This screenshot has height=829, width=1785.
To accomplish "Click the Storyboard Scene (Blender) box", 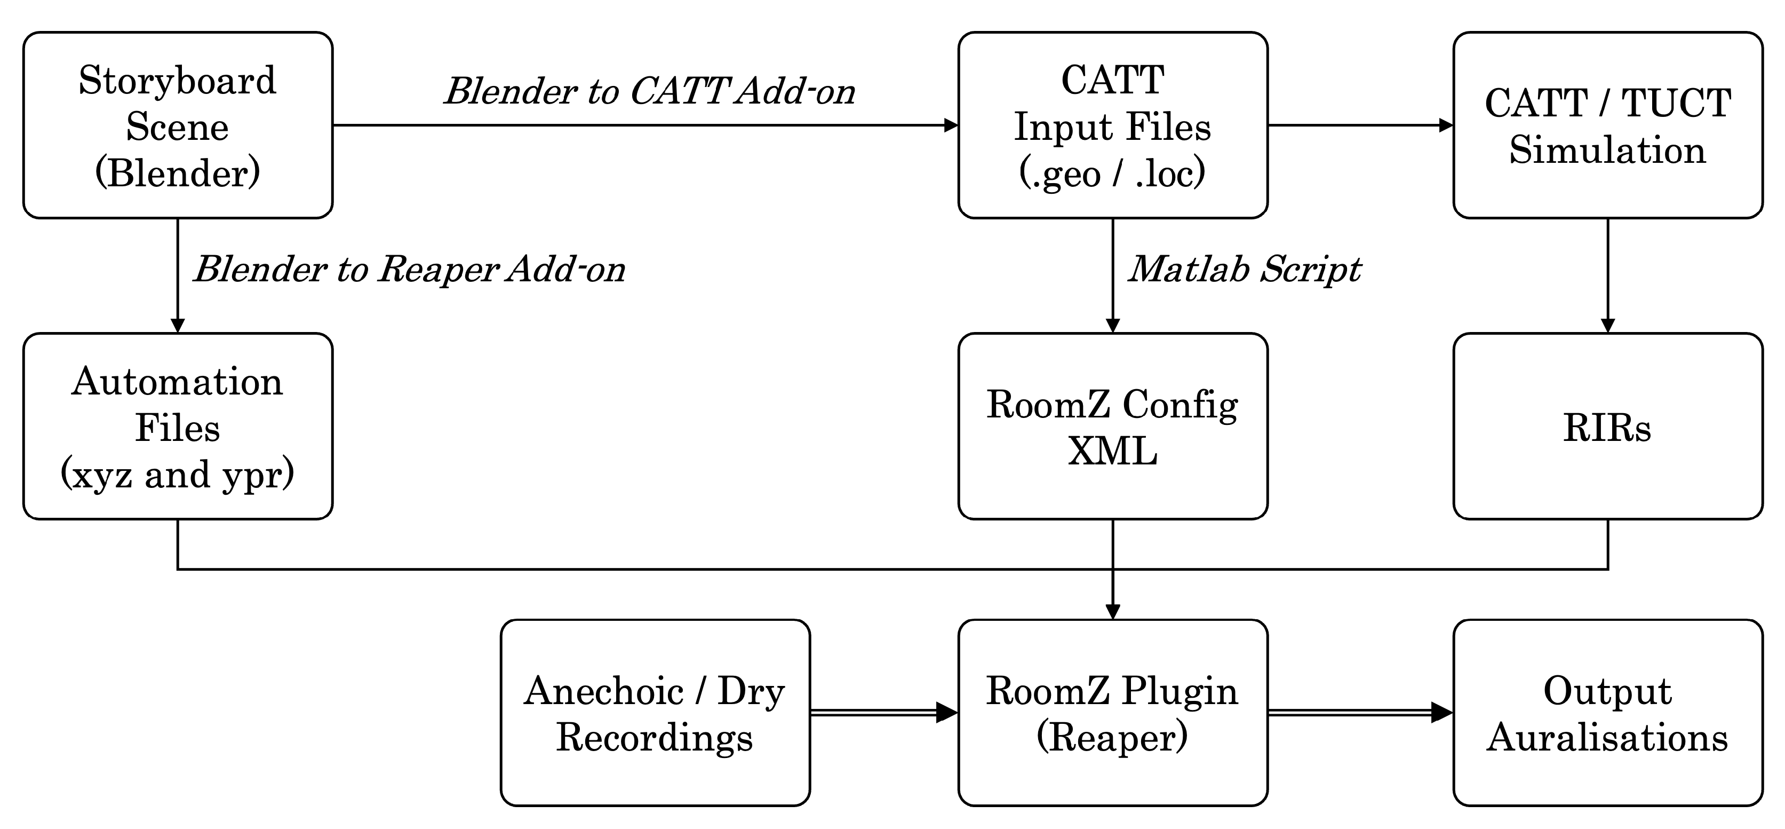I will coord(178,125).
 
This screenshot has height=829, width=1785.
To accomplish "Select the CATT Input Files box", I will coord(1112,125).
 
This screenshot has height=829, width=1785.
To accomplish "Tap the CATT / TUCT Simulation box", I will coord(1607,125).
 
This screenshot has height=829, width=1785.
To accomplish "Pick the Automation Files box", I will coord(178,427).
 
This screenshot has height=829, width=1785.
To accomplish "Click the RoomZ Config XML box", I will coord(1112,427).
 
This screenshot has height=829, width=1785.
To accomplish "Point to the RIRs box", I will coord(1607,427).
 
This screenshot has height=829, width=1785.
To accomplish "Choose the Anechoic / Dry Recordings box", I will coord(655,713).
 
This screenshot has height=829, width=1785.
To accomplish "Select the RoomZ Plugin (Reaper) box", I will coord(1112,713).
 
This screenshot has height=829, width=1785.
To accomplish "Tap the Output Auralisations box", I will coord(1607,713).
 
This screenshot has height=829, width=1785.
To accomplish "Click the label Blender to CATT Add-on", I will coord(649,91).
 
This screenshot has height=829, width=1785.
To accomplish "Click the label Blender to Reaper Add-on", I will coord(409,269).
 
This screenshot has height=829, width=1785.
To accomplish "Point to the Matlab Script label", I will coord(1244,269).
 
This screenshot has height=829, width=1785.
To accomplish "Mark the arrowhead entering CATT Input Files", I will coord(951,125).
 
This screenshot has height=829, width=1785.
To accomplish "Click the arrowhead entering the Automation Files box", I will coord(178,325).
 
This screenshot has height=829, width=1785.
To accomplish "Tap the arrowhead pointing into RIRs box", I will coord(1607,325).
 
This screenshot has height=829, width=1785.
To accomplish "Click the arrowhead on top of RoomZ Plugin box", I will coord(1112,611).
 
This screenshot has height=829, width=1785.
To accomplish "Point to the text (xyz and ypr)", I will coord(178,475).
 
